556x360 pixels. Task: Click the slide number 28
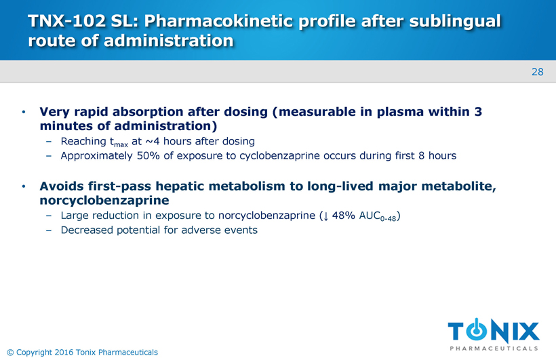[x=537, y=72]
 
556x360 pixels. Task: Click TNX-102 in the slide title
[x=66, y=21]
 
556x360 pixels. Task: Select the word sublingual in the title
[x=455, y=21]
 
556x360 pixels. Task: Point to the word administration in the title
[x=169, y=41]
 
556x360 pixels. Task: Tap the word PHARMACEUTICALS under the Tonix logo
[x=494, y=348]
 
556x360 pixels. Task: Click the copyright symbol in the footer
[x=10, y=352]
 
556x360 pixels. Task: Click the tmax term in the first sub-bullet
[x=119, y=142]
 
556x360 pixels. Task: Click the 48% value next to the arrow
[x=343, y=216]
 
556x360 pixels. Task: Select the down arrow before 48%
[x=325, y=216]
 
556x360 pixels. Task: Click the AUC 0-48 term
[x=378, y=216]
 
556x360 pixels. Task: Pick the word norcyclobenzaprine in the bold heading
[x=104, y=201]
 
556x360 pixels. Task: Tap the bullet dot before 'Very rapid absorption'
[x=24, y=112]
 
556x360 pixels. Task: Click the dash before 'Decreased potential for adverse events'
[x=49, y=231]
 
